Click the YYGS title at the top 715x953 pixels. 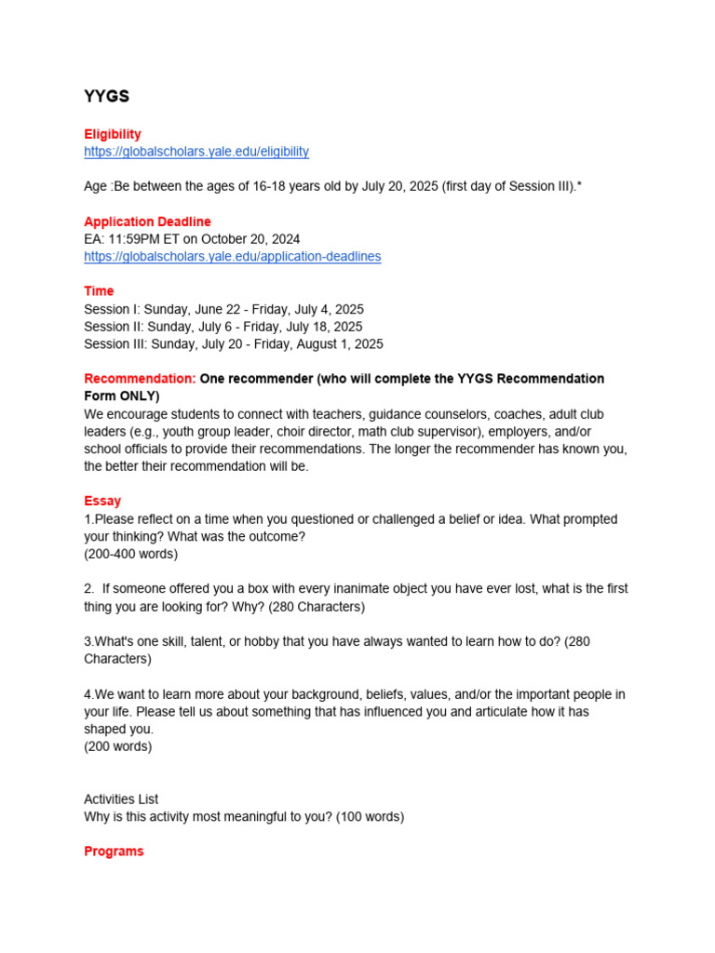pyautogui.click(x=106, y=97)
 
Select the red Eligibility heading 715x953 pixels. pyautogui.click(x=113, y=134)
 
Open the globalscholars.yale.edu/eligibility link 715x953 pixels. pyautogui.click(x=196, y=151)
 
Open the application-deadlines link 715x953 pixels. pyautogui.click(x=232, y=256)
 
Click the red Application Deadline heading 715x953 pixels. pyautogui.click(x=147, y=221)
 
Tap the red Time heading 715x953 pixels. pyautogui.click(x=99, y=291)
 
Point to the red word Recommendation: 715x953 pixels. pyautogui.click(x=140, y=379)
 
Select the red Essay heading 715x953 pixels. pyautogui.click(x=102, y=501)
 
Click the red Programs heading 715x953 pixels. pyautogui.click(x=114, y=852)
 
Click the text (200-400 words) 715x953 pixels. pyautogui.click(x=130, y=554)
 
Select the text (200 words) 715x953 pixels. pyautogui.click(x=118, y=746)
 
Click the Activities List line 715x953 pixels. pyautogui.click(x=121, y=799)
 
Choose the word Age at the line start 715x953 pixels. pyautogui.click(x=96, y=186)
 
